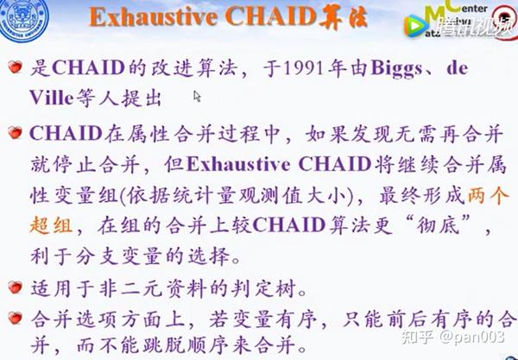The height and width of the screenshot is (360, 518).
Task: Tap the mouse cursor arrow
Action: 198,97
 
